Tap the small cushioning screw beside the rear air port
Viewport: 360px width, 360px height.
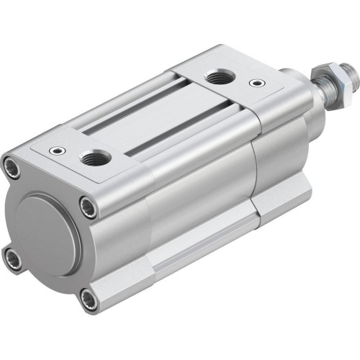pyautogui.click(x=55, y=152)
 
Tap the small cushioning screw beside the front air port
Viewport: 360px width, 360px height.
pyautogui.click(x=254, y=83)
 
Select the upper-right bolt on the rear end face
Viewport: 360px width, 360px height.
pyautogui.click(x=87, y=207)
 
